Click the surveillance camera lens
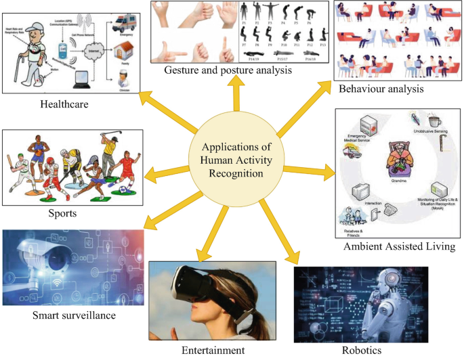(58, 256)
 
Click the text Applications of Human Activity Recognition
(234, 160)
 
